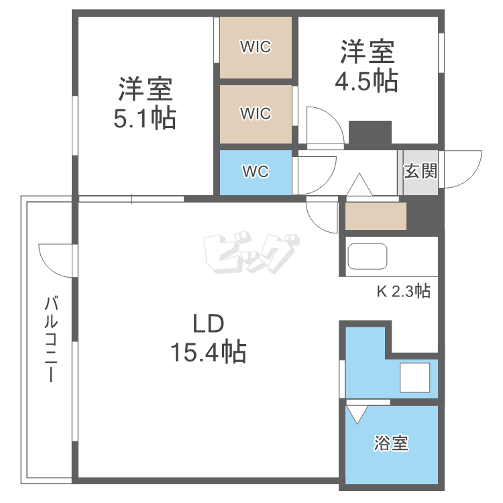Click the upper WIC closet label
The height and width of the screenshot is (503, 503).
(x=256, y=47)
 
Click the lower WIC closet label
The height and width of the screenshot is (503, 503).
(x=256, y=113)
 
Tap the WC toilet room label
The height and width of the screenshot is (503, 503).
(x=256, y=172)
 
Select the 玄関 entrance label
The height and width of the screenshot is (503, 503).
(x=421, y=170)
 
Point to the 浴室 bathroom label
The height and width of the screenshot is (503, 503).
(x=391, y=443)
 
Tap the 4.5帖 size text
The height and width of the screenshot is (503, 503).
(x=367, y=80)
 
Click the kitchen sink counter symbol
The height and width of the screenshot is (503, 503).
(x=368, y=256)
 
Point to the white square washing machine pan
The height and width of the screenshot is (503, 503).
(x=415, y=377)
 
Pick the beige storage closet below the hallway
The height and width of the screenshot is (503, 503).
(x=376, y=216)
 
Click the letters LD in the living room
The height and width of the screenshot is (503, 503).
(x=208, y=325)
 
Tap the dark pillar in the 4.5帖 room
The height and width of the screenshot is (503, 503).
(x=370, y=132)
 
